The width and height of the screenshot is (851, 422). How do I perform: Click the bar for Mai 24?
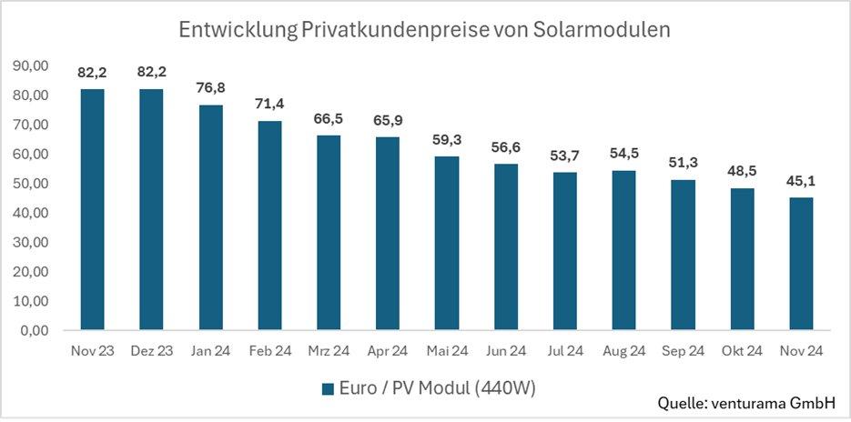(x=447, y=243)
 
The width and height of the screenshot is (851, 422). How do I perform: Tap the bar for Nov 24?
(x=802, y=264)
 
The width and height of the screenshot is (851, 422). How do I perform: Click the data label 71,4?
(x=269, y=103)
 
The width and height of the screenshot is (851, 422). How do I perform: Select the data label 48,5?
(x=743, y=170)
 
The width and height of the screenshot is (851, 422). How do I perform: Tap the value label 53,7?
(x=565, y=155)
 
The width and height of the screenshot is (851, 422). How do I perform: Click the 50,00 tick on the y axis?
(x=31, y=184)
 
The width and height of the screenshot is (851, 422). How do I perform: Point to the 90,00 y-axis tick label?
(x=31, y=65)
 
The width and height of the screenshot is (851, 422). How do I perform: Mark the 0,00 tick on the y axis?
(x=35, y=331)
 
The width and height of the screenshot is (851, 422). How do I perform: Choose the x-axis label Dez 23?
(x=151, y=351)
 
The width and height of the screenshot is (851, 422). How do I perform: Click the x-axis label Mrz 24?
(x=329, y=351)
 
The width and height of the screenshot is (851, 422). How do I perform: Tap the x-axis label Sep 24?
(x=684, y=351)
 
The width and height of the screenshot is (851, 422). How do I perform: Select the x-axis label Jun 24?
(x=506, y=351)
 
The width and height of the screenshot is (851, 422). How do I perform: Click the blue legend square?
(x=329, y=389)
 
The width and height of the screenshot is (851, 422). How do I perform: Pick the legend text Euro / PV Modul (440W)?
(x=437, y=389)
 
